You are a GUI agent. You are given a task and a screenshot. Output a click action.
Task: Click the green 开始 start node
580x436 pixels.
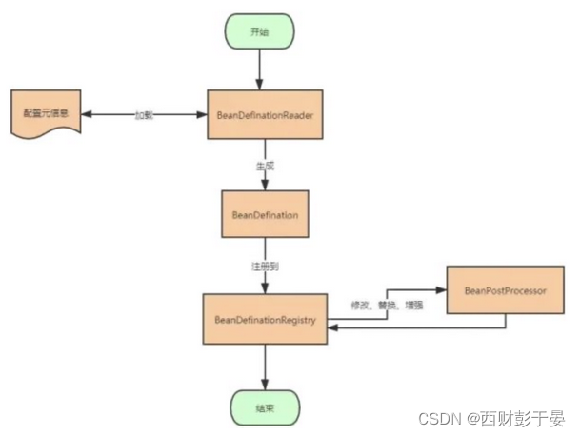(x=259, y=30)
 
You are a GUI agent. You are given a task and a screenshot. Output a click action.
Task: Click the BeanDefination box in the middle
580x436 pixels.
(x=265, y=215)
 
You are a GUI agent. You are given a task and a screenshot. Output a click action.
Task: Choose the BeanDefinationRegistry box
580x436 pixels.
(x=266, y=319)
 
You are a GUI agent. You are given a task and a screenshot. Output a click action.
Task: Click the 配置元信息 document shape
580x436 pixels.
(x=46, y=114)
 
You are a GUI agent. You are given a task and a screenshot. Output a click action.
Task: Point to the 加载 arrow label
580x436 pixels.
(x=143, y=114)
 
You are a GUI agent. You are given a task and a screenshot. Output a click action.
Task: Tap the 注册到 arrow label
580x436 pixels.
(x=265, y=268)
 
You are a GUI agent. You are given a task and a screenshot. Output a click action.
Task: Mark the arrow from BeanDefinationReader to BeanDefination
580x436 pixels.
(x=266, y=177)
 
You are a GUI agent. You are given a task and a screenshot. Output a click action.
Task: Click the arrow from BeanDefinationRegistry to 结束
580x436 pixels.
(x=266, y=366)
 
